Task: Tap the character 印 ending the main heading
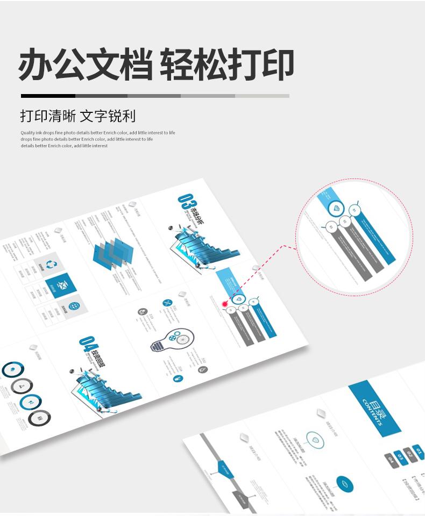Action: (x=278, y=65)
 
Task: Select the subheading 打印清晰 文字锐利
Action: (x=78, y=116)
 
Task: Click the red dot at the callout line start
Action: (x=225, y=304)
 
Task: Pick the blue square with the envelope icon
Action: (x=61, y=285)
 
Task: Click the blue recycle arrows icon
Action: (x=52, y=264)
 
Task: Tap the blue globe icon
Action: (x=73, y=307)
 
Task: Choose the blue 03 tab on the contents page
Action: (x=400, y=457)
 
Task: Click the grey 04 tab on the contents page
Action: (x=389, y=460)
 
